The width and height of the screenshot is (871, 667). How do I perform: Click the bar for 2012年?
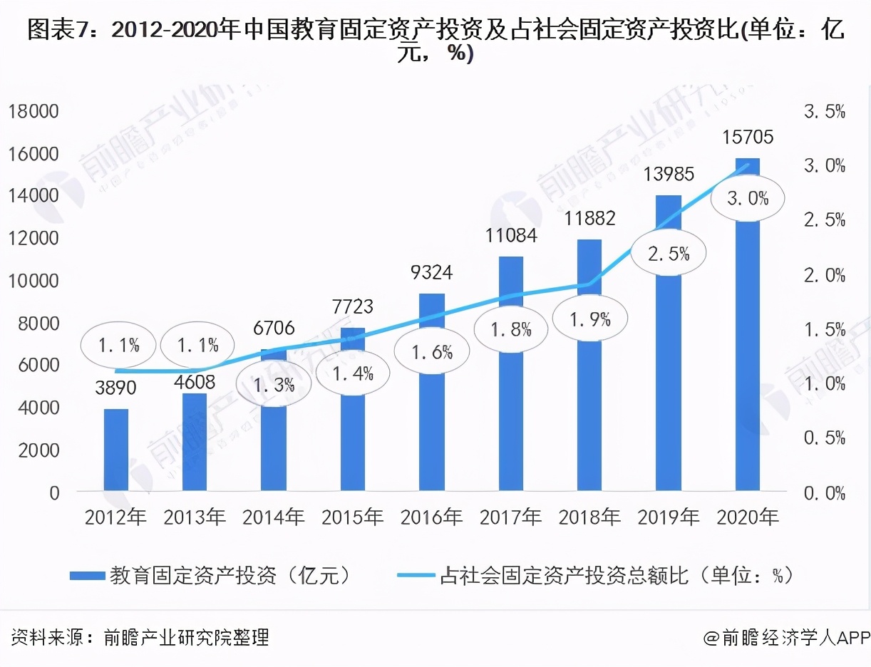pos(116,450)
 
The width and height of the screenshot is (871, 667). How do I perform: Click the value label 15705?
pos(747,137)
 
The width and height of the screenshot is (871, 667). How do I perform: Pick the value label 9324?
pos(432,272)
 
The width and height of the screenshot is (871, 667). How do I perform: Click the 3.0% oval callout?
pos(747,198)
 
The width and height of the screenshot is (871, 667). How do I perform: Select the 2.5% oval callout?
pos(669,252)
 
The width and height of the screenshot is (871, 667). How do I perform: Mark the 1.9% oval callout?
pos(589,319)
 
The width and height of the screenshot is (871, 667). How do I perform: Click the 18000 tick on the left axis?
pos(33,111)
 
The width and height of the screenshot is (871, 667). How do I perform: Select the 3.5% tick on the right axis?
pos(824,111)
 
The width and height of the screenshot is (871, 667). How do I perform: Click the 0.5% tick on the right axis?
pos(824,438)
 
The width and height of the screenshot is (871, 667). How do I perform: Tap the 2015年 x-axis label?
pos(352,517)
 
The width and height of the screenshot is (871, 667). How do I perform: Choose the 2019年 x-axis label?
pos(669,517)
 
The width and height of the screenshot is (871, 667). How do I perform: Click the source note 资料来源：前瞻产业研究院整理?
pos(140,636)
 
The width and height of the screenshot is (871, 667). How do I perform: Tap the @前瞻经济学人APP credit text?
pos(785,636)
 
